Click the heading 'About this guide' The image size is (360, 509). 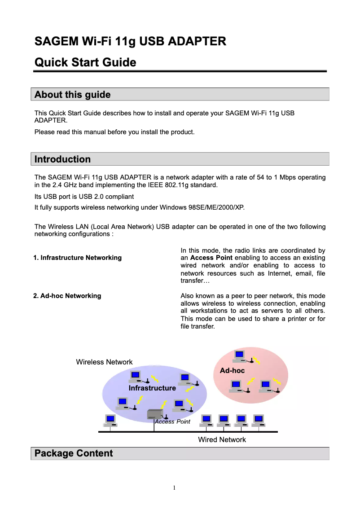[x=72, y=95]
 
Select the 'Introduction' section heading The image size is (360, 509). [x=62, y=159]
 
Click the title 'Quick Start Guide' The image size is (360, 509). [x=85, y=62]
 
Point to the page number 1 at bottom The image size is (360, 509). [x=175, y=488]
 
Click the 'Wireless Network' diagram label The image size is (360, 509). [x=104, y=362]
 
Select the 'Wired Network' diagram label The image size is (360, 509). [x=222, y=440]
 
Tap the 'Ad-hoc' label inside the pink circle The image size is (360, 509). [x=232, y=371]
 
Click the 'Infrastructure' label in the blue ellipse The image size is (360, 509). [x=152, y=388]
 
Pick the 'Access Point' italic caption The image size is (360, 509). [x=172, y=422]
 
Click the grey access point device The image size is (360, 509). [x=155, y=414]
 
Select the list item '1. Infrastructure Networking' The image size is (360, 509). [x=77, y=258]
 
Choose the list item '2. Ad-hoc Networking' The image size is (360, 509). [x=67, y=296]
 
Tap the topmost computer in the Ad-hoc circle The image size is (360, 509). [x=239, y=355]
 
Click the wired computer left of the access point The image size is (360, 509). [x=110, y=420]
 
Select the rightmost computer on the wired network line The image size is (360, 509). [x=258, y=420]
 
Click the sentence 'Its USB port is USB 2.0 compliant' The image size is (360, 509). [x=84, y=197]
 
